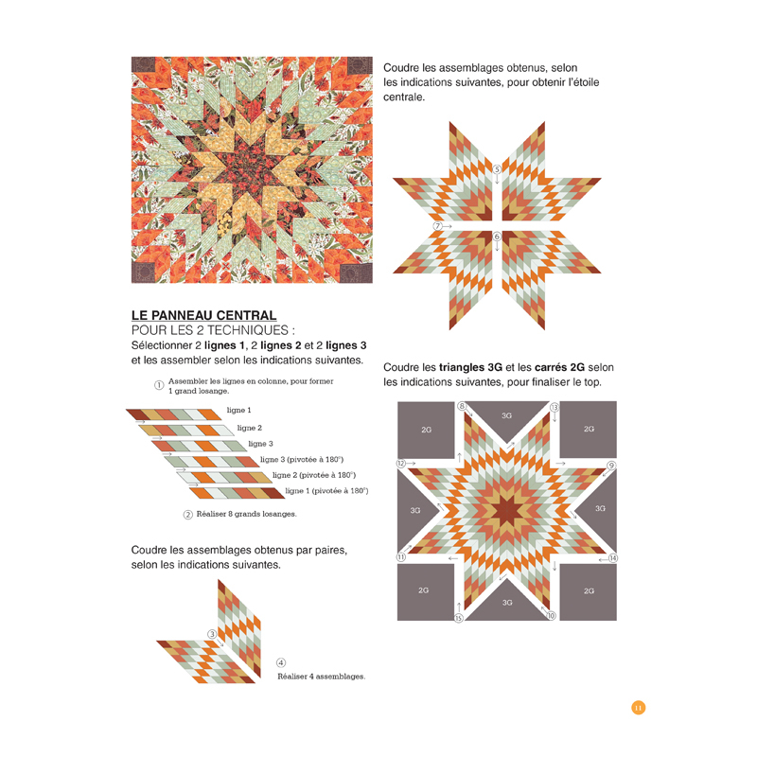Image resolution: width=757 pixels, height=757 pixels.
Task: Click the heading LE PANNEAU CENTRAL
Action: (203, 315)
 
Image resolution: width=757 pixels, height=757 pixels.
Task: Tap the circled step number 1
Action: (159, 385)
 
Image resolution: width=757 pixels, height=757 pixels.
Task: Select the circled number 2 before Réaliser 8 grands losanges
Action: (188, 515)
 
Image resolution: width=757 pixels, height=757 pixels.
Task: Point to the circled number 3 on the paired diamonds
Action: (213, 634)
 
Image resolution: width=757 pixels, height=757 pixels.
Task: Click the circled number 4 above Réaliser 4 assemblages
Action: (281, 662)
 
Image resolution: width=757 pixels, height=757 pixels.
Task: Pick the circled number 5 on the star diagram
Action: (497, 169)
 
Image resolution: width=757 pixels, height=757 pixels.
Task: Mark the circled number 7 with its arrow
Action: (438, 226)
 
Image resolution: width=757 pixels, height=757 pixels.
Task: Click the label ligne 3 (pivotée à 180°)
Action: (301, 459)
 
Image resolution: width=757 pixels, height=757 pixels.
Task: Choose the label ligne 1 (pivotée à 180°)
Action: (326, 491)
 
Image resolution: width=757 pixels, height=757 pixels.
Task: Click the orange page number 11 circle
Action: (638, 708)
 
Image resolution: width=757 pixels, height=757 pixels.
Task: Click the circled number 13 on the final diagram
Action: (555, 407)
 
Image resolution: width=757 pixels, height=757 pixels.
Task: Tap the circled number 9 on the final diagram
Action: (611, 466)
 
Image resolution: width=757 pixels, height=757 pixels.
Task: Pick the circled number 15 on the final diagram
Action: (458, 618)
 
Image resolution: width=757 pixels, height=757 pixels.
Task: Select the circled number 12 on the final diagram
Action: (401, 464)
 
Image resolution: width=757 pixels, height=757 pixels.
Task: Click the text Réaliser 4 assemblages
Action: (321, 677)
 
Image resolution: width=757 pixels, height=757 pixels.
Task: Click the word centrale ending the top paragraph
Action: (404, 97)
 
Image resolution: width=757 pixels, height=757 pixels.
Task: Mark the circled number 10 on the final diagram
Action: (552, 615)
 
